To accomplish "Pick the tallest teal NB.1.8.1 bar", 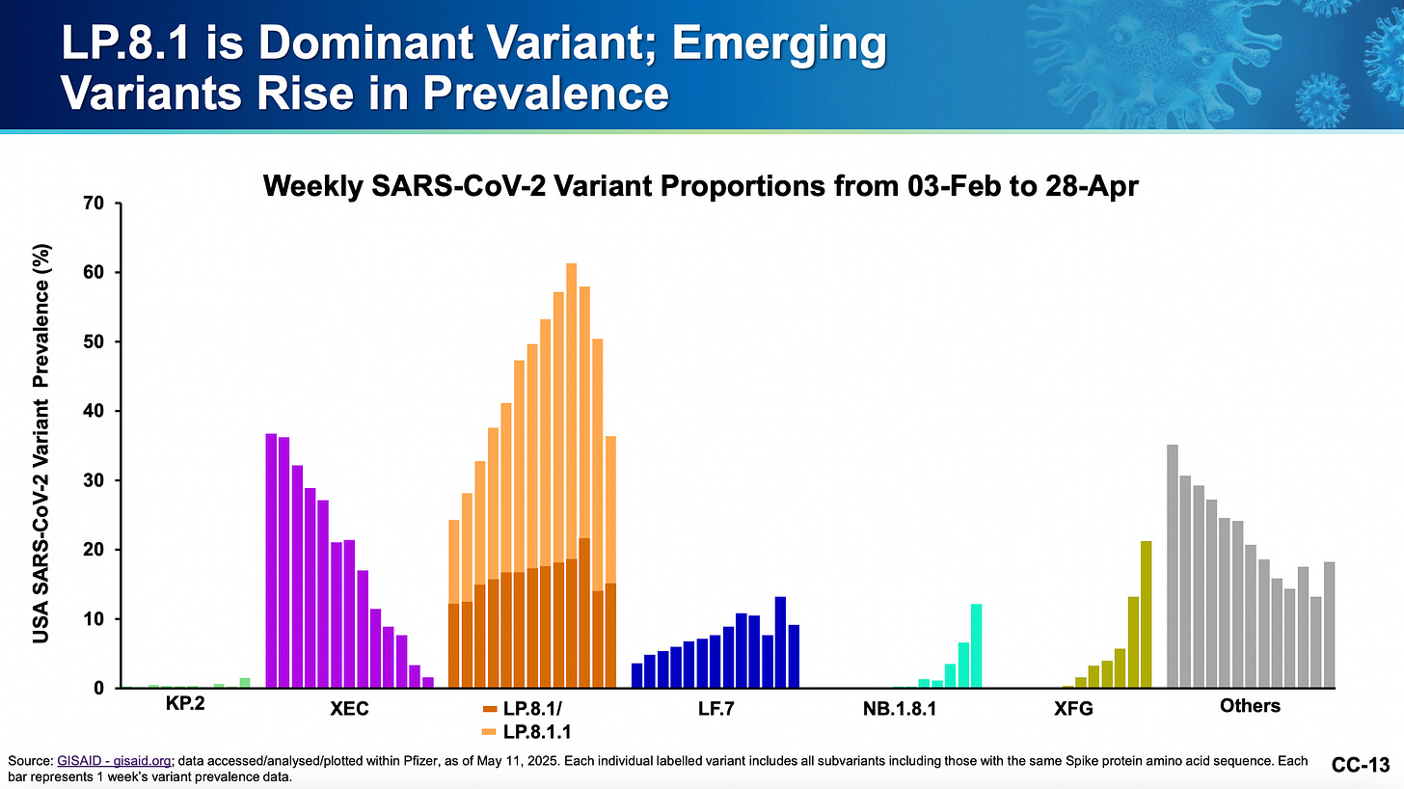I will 976,645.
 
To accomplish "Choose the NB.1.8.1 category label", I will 899,712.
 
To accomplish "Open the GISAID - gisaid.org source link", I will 105,762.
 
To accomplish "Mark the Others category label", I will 1250,705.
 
